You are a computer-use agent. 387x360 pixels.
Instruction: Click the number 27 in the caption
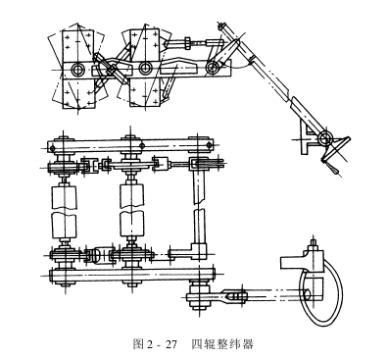(x=170, y=344)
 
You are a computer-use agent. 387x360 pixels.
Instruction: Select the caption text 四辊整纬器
(x=222, y=344)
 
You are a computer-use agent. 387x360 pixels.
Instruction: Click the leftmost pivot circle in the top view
(x=78, y=70)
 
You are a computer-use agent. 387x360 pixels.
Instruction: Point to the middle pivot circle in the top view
(x=145, y=69)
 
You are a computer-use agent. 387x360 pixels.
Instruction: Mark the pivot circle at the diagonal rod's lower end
(x=324, y=138)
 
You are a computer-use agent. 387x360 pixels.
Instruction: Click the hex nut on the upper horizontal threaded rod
(x=187, y=43)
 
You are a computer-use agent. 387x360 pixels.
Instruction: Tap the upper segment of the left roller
(x=64, y=197)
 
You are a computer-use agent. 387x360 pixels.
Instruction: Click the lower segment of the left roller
(x=64, y=225)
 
